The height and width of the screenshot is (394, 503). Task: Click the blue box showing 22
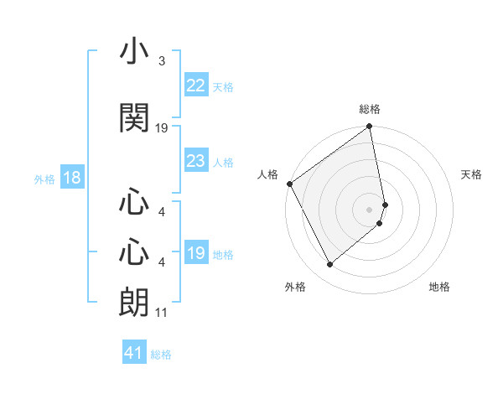click(195, 86)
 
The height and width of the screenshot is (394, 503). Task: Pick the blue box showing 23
click(195, 161)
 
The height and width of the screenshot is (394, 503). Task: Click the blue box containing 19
click(195, 253)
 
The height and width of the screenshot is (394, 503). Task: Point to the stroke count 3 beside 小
click(161, 61)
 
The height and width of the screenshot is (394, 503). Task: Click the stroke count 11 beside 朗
click(161, 313)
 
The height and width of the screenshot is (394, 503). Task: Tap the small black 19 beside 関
click(162, 127)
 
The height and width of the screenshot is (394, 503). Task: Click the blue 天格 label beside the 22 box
click(223, 86)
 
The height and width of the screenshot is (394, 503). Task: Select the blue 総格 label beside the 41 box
click(161, 355)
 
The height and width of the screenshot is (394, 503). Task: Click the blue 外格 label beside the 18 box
click(44, 179)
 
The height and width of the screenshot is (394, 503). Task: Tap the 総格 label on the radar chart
click(370, 109)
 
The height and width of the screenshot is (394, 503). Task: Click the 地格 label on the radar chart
click(439, 287)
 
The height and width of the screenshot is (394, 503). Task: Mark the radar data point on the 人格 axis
click(289, 184)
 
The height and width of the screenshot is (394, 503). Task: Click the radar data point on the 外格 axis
click(330, 265)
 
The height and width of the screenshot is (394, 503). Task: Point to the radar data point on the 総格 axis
click(370, 127)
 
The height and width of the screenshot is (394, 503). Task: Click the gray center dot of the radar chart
click(370, 209)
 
